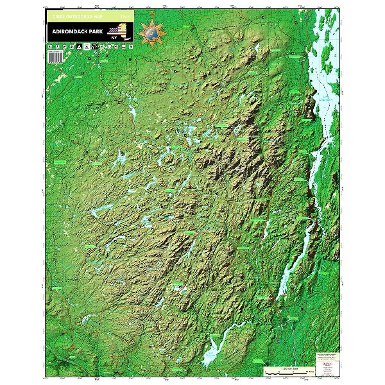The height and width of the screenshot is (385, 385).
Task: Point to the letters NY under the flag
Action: point(114,37)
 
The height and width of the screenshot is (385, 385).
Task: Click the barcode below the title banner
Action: point(53,56)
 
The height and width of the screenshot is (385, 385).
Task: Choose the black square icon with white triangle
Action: point(78,47)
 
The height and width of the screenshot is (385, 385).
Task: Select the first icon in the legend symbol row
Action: point(49,47)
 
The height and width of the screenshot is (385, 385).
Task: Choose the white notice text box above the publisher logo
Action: point(327,354)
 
